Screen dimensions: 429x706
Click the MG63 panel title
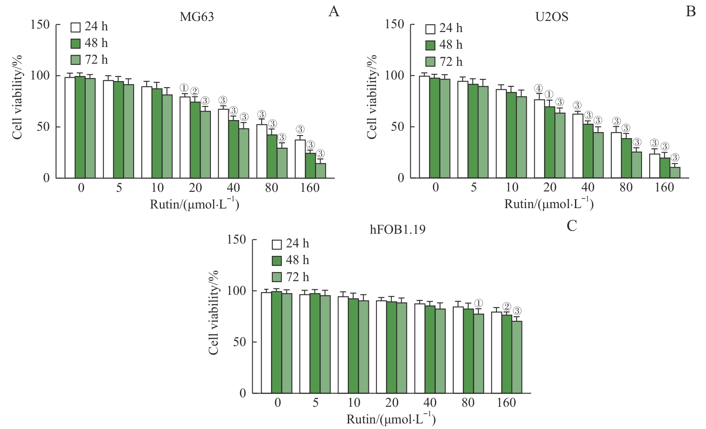[196, 17]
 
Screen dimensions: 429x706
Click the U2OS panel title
[551, 17]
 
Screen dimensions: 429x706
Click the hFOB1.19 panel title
[397, 229]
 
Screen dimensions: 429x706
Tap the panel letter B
[690, 12]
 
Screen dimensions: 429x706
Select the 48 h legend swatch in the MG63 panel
[76, 43]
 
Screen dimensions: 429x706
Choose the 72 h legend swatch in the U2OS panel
[430, 62]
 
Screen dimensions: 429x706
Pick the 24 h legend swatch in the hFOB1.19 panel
[277, 244]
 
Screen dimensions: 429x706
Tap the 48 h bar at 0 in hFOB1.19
[277, 342]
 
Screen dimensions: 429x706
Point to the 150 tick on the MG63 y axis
[40, 24]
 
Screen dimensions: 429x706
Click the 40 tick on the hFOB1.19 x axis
[430, 403]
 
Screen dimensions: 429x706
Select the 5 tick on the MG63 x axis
[119, 188]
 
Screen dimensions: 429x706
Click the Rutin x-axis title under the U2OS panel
[549, 203]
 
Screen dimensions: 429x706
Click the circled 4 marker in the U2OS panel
[539, 88]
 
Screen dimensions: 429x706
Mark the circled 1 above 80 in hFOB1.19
[478, 303]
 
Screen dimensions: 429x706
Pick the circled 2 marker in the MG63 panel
[194, 91]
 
